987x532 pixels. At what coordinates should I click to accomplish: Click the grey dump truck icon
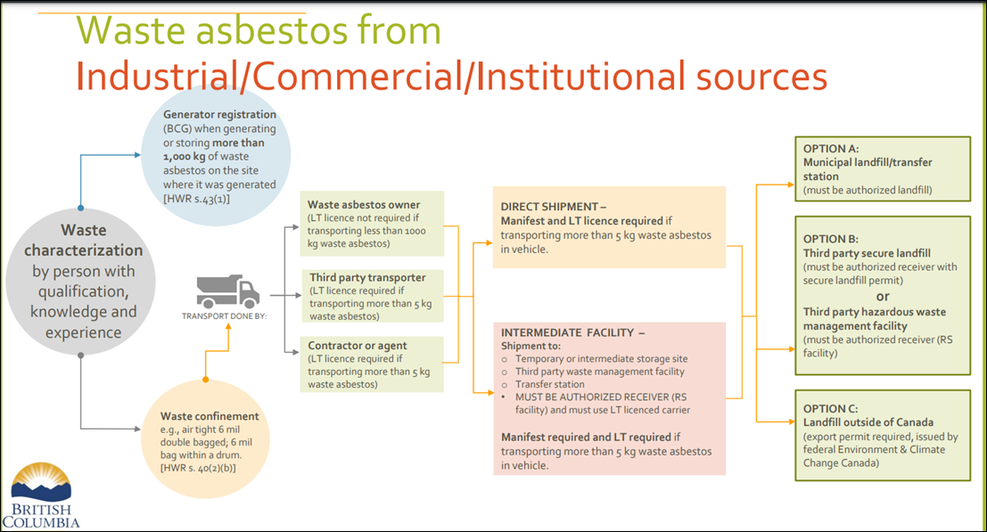(x=227, y=291)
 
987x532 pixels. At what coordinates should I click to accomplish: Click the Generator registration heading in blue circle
(x=219, y=115)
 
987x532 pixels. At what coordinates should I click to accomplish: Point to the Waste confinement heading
(x=210, y=416)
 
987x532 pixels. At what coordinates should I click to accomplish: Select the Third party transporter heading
(x=368, y=277)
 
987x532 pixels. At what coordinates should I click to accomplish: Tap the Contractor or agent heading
(x=358, y=345)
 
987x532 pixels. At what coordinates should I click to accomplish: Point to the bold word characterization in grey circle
(x=83, y=250)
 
